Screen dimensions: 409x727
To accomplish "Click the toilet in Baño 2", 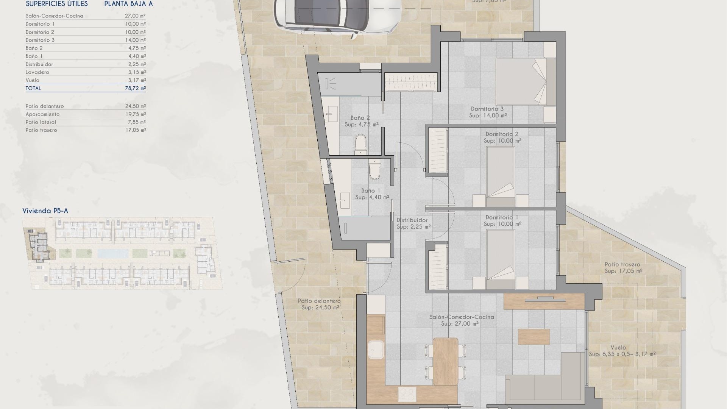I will (x=360, y=144).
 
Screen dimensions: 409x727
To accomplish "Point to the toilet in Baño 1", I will (x=374, y=170).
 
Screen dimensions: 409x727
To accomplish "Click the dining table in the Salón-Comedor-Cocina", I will (x=445, y=361).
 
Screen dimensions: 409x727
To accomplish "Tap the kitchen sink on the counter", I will (x=376, y=350).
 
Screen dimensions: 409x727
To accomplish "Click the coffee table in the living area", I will (x=534, y=337).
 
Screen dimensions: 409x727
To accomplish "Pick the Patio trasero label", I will (x=622, y=264).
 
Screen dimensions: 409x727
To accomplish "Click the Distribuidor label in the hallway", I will (x=412, y=220).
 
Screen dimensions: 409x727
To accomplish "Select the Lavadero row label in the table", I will (x=37, y=72).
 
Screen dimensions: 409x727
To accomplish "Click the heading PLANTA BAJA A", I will (x=128, y=4).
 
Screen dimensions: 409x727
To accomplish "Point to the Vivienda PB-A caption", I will (x=45, y=211).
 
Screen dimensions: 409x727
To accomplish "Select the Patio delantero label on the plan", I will (x=319, y=301).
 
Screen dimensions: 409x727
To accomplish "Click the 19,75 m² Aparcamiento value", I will (x=135, y=114).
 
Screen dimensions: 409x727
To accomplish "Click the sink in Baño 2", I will (x=333, y=114).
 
